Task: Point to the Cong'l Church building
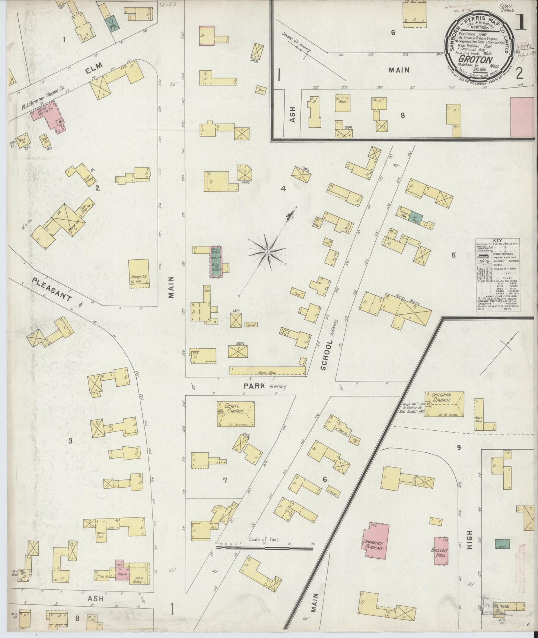[x=236, y=414]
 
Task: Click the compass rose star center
[x=268, y=252]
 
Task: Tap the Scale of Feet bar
[x=265, y=548]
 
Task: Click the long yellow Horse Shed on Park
[x=268, y=371]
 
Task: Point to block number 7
[x=225, y=480]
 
